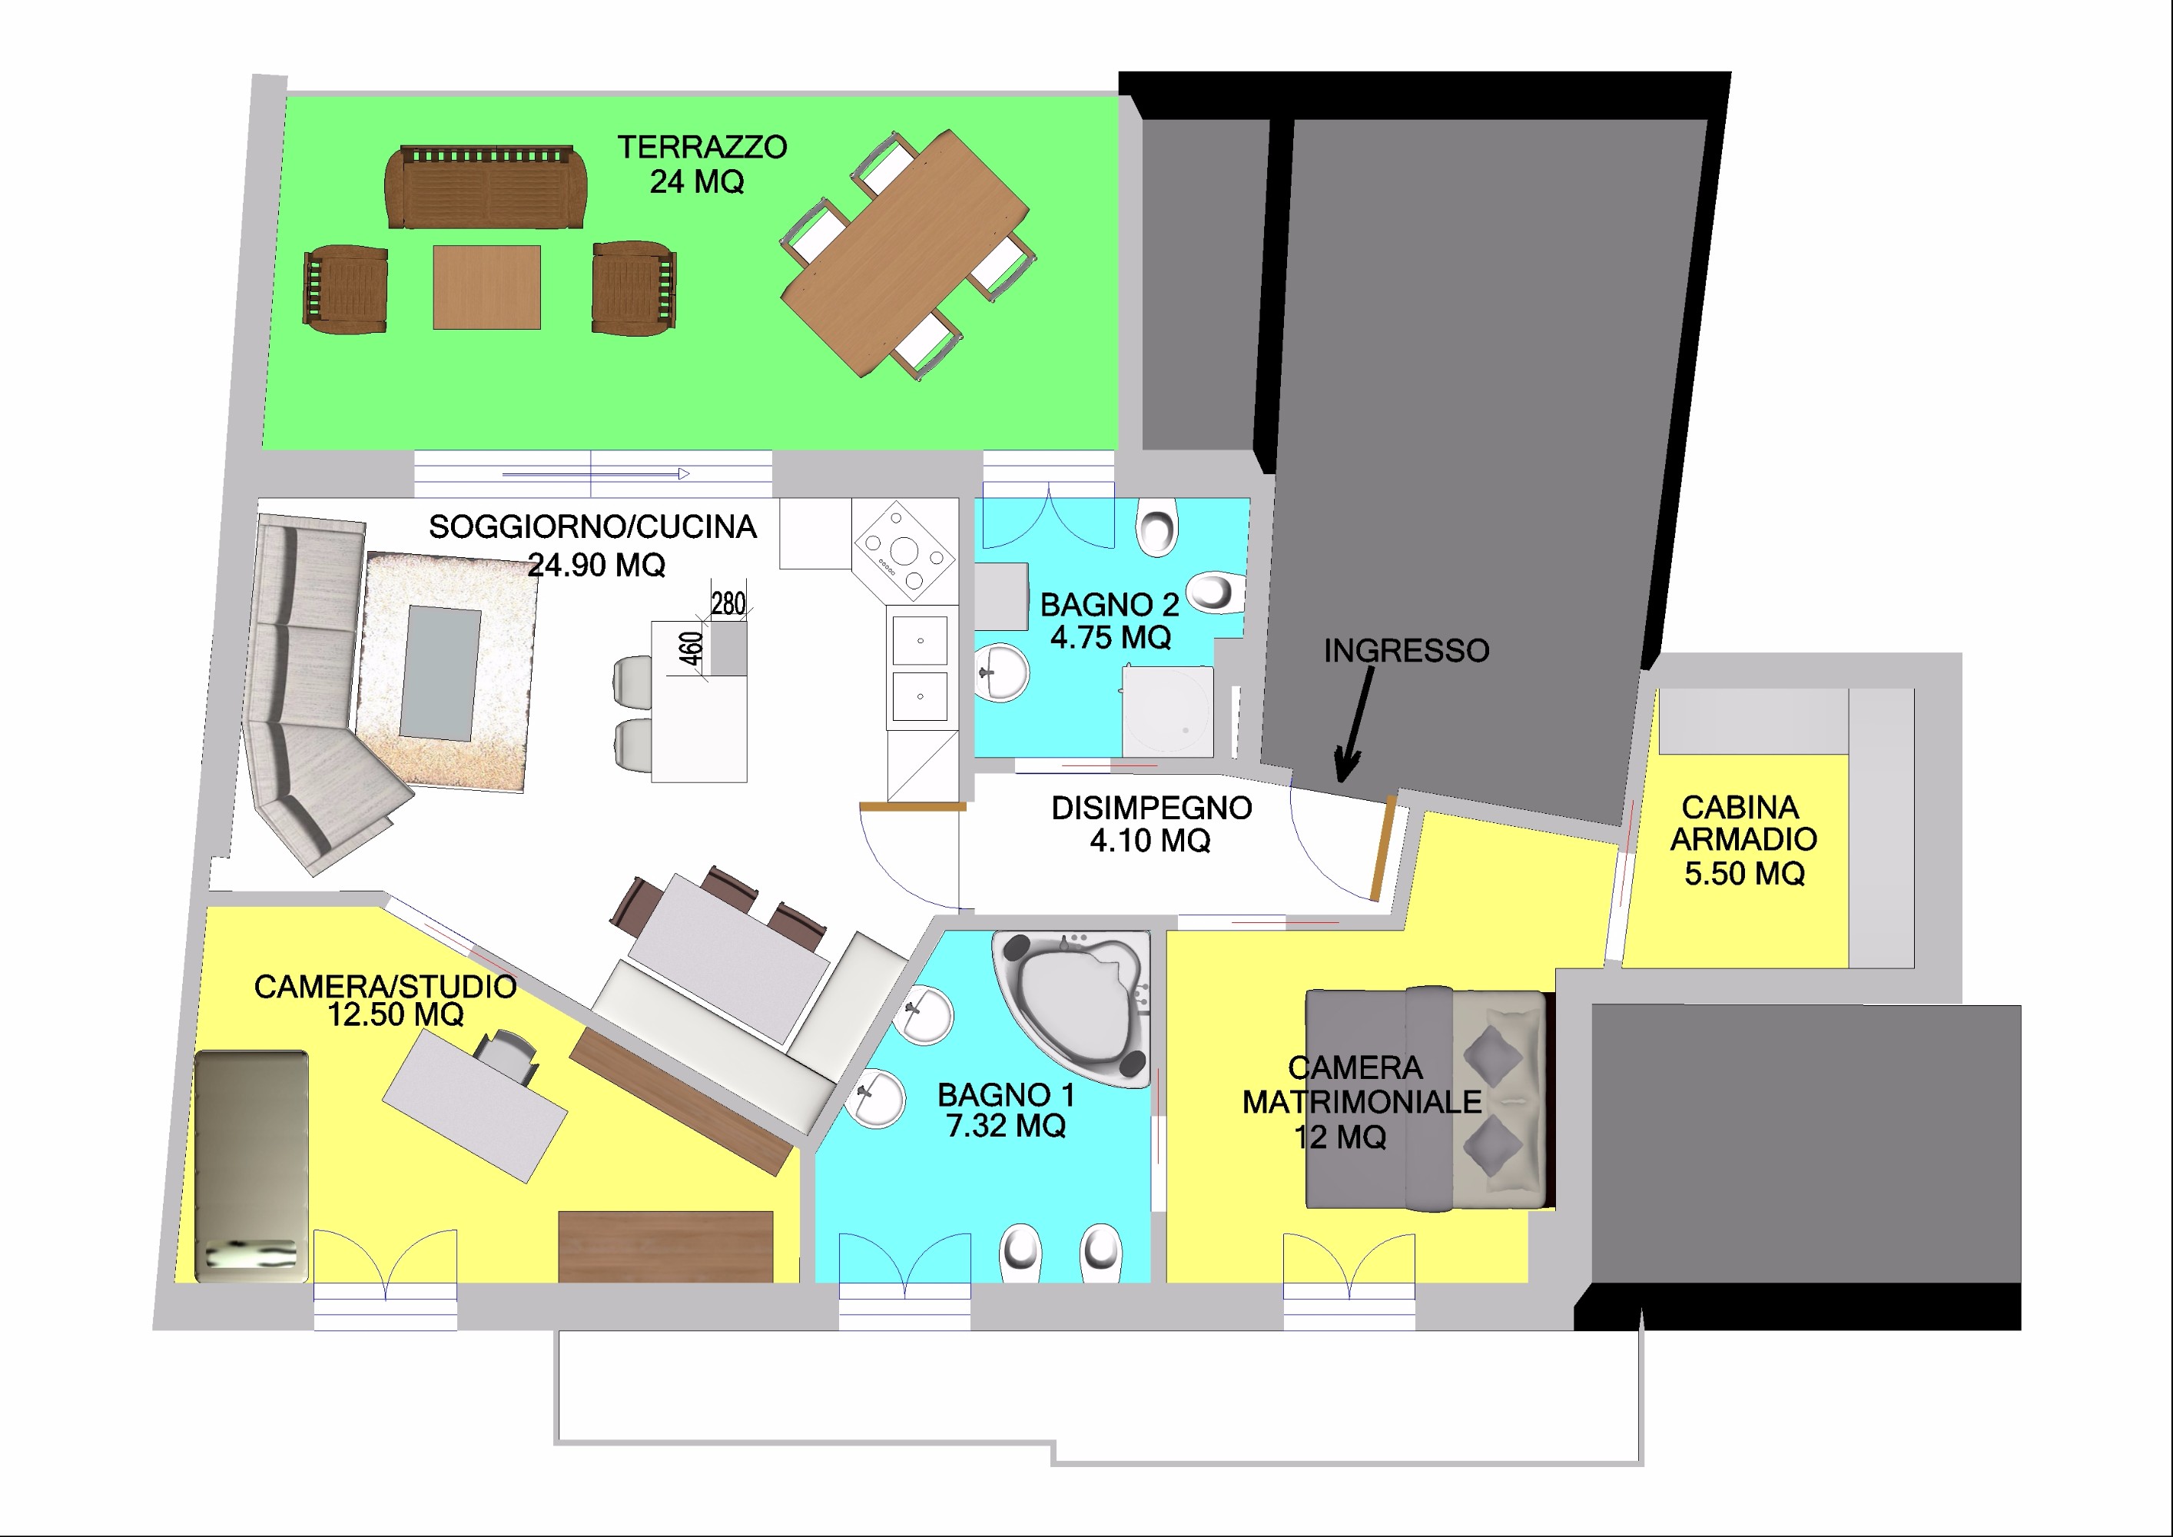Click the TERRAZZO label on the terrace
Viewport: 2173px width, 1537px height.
click(x=702, y=147)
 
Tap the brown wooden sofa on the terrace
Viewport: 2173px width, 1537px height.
click(x=486, y=187)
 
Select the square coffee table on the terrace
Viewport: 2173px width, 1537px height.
click(x=486, y=287)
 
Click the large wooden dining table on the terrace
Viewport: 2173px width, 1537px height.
click(x=905, y=254)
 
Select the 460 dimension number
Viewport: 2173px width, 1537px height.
click(x=691, y=649)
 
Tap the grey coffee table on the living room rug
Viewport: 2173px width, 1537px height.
click(x=440, y=673)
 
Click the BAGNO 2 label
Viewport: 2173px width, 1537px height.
click(x=1110, y=605)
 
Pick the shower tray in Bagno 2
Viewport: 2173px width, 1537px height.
click(x=1168, y=711)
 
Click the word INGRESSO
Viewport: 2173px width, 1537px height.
click(x=1406, y=651)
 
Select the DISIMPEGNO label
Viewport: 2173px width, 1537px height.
click(x=1152, y=808)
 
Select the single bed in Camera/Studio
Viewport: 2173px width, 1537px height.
click(x=252, y=1166)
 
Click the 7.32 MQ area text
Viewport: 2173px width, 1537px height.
click(x=1006, y=1127)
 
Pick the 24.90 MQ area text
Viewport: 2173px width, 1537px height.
click(x=596, y=566)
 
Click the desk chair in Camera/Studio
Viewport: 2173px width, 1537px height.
click(x=506, y=1054)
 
